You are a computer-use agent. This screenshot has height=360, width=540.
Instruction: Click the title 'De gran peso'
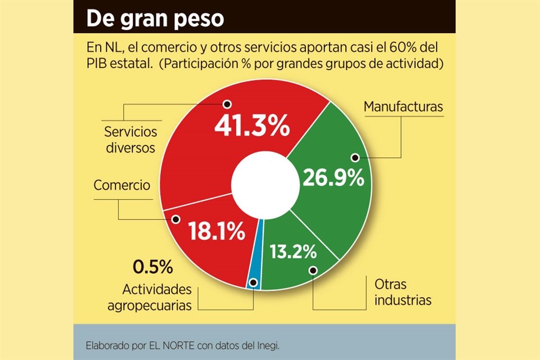[155, 19]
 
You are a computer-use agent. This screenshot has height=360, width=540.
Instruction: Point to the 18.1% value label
[216, 230]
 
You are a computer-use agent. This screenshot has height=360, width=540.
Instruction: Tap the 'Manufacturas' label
[403, 106]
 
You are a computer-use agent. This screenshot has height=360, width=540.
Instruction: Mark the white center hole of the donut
[265, 184]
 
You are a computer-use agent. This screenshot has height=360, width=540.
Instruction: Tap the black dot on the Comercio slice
[175, 219]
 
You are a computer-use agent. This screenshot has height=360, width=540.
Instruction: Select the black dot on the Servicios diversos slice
[227, 104]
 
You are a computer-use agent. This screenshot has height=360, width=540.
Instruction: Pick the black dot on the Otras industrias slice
[313, 270]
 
